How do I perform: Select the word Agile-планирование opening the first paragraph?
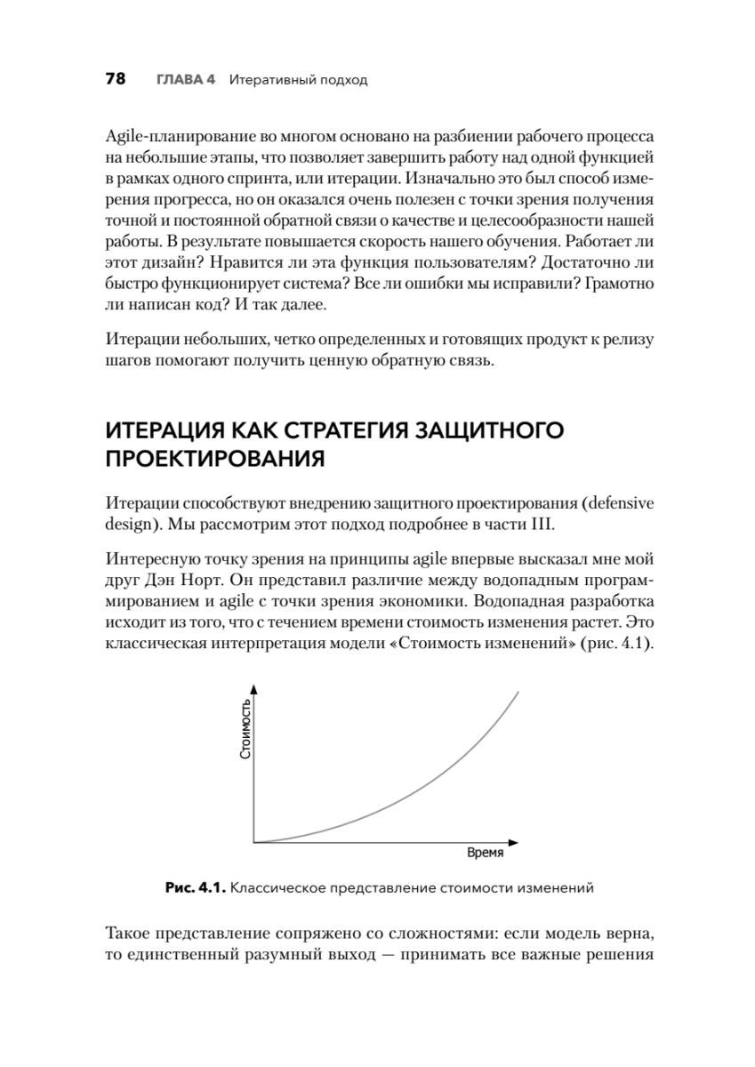pos(181,138)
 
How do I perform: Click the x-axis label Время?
pos(486,852)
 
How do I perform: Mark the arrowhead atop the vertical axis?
pos(254,689)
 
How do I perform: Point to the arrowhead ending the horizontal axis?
pos(514,841)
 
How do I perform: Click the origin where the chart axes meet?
pos(254,841)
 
